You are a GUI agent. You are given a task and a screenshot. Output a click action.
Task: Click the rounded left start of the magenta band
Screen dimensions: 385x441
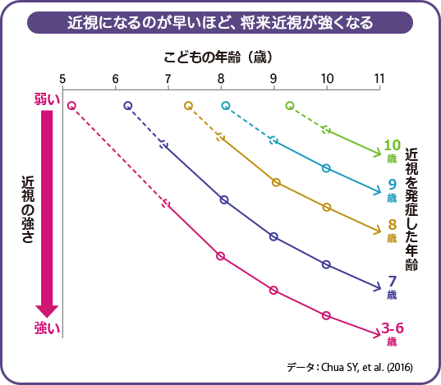point(72,105)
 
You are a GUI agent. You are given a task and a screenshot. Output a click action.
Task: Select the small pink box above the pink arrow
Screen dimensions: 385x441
point(48,99)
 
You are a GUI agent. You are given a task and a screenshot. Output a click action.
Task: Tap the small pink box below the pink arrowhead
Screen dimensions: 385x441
point(48,328)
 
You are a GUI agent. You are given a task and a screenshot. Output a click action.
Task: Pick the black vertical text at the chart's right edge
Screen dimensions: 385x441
point(420,209)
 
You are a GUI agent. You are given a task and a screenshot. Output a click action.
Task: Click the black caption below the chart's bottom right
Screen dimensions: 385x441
point(361,366)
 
